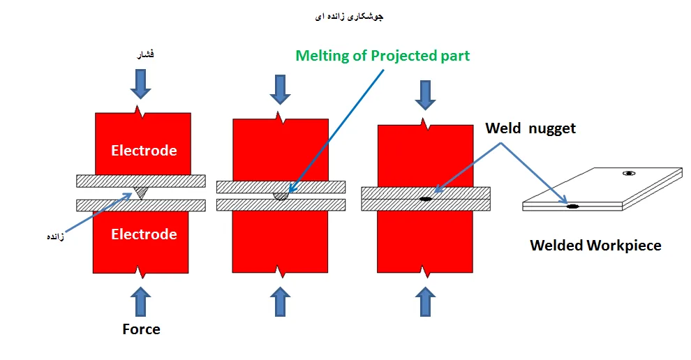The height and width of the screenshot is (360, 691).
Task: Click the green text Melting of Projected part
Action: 382,56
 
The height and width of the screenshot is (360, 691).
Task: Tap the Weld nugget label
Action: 530,128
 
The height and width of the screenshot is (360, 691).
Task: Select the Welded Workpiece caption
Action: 595,246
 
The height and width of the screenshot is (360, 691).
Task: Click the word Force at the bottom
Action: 141,329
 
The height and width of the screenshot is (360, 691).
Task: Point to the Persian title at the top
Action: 349,17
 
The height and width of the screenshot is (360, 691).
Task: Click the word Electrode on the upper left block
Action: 144,151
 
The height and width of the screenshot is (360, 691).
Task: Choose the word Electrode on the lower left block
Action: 144,234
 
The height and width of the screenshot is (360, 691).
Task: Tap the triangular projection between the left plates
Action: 141,192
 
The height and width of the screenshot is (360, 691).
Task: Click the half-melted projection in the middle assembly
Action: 281,196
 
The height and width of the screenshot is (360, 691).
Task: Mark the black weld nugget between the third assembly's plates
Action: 425,199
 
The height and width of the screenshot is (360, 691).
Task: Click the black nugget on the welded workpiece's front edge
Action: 572,207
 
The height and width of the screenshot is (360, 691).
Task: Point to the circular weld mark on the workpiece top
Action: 629,173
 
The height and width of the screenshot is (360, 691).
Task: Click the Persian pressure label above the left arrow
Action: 145,54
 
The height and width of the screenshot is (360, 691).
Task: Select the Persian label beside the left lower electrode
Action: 56,237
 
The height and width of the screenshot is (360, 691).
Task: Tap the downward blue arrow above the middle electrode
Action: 280,89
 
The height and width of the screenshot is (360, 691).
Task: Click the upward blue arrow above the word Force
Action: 140,301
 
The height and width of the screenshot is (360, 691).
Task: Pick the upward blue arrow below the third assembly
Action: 425,301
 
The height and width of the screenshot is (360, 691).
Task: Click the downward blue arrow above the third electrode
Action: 425,95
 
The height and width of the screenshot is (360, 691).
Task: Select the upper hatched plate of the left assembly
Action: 140,181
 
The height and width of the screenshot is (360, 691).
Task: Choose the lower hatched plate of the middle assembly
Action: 281,205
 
